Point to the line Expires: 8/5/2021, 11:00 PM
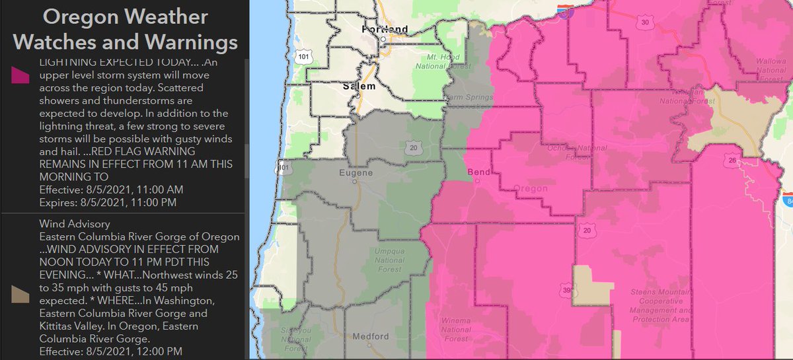[108, 201]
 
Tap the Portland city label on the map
[385, 29]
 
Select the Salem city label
[359, 86]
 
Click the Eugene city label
[356, 173]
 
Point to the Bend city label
[478, 172]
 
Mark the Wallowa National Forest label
[751, 65]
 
